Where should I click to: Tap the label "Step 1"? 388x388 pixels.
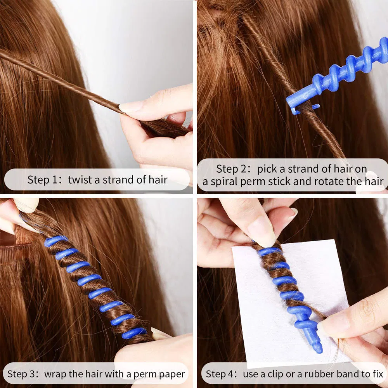coord(44,180)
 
